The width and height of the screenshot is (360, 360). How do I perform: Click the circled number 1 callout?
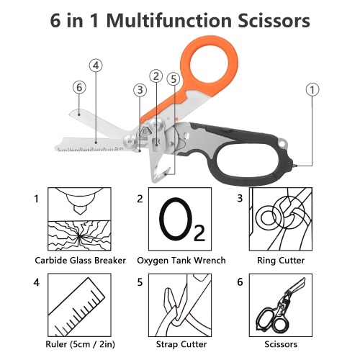[x=312, y=90]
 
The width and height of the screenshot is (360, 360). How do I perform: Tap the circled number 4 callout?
[x=96, y=66]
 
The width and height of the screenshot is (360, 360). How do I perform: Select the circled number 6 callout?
[x=79, y=87]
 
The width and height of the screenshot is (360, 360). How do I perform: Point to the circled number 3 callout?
[x=140, y=90]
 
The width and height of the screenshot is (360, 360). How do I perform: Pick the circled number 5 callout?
[x=174, y=79]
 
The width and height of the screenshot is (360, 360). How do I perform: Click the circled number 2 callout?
[x=156, y=76]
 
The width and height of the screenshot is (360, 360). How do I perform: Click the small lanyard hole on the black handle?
[x=283, y=143]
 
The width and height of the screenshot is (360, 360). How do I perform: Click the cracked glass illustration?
[x=79, y=235]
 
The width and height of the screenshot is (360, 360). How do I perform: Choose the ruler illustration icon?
[x=79, y=305]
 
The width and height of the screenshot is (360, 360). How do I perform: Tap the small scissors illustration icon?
[x=281, y=305]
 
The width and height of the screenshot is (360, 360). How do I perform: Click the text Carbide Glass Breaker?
[x=80, y=261]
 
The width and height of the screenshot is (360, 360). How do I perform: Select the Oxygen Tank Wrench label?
[x=181, y=261]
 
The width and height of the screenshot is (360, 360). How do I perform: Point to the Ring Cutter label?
[x=281, y=261]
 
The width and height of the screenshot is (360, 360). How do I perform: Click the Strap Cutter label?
[x=181, y=344]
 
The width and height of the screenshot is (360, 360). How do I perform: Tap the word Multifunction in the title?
[x=168, y=20]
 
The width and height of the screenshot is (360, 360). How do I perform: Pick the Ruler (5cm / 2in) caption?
[x=80, y=345]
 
